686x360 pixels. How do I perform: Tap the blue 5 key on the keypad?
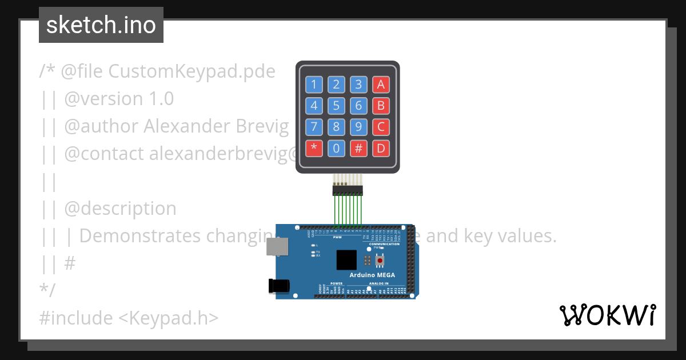(336, 106)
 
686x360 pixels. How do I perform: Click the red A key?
(381, 85)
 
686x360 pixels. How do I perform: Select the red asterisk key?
(314, 149)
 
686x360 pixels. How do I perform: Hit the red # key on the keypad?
(358, 149)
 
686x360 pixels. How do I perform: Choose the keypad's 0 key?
(336, 149)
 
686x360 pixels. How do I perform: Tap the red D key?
(381, 149)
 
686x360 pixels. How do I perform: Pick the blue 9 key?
(358, 127)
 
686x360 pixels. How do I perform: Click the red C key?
(381, 127)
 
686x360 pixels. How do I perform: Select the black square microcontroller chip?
(346, 260)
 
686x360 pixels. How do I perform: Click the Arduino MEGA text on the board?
(372, 275)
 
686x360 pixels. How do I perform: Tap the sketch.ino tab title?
(101, 25)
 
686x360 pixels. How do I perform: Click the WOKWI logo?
(607, 315)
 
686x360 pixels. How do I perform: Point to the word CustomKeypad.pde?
(192, 71)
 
